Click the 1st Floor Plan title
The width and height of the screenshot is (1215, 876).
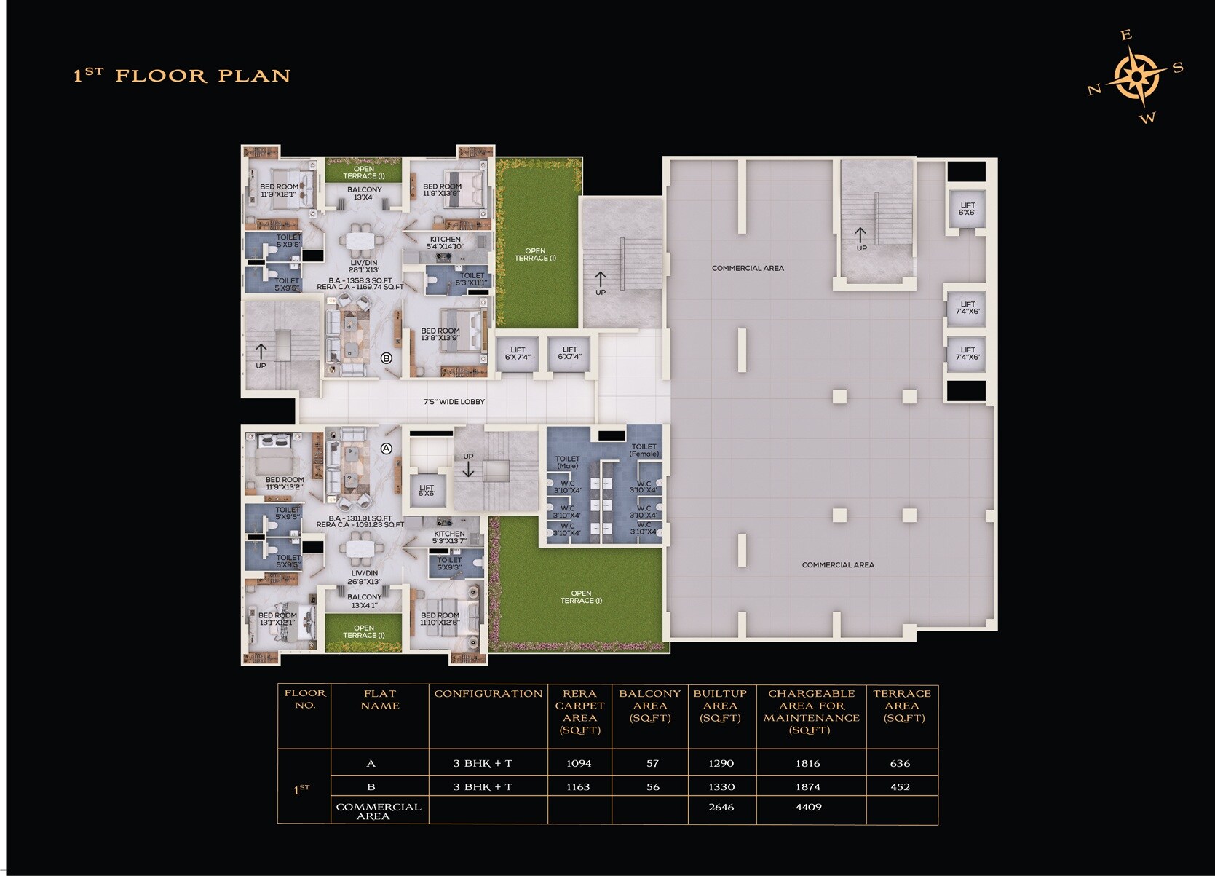[182, 76]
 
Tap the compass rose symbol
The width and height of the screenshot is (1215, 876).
[1136, 76]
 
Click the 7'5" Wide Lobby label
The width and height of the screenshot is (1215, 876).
[454, 402]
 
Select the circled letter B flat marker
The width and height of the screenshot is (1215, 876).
[387, 358]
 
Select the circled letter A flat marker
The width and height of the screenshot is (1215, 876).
[387, 449]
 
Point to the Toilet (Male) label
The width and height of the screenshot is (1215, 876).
[568, 462]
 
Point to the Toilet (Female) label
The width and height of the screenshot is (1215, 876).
[644, 450]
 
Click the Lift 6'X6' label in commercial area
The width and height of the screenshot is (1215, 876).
[967, 209]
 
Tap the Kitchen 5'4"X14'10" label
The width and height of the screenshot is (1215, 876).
[445, 242]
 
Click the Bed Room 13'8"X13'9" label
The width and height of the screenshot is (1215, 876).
[440, 334]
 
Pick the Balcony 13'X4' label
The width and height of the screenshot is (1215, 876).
[364, 193]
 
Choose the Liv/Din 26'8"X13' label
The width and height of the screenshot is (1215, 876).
[364, 577]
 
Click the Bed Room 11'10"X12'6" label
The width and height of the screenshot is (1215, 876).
[440, 619]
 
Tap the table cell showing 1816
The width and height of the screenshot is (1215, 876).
[808, 763]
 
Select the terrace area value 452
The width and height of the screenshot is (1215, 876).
[901, 786]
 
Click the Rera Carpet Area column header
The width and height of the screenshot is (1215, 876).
[579, 711]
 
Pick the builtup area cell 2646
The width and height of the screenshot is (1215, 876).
[721, 807]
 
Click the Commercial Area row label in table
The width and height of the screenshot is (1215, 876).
[378, 811]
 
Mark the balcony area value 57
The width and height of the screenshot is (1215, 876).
[652, 763]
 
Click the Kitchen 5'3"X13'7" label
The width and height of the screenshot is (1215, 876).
[449, 537]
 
